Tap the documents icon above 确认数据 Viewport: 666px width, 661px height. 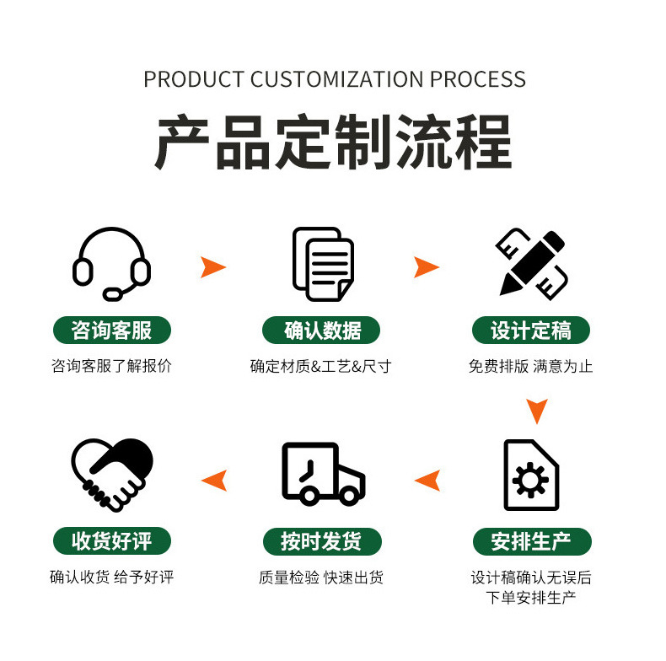coord(322,263)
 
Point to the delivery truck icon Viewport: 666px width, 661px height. coord(322,474)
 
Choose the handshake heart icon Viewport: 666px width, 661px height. coord(111,474)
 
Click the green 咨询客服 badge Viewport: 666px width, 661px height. coord(111,330)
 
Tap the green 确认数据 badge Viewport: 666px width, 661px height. coord(322,330)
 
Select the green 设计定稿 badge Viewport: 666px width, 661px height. coord(531,330)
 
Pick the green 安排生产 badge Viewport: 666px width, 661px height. coord(531,540)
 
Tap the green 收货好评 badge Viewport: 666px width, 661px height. coord(111,540)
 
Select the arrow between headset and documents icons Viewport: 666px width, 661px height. coord(213,267)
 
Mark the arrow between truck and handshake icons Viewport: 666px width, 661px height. coord(214,480)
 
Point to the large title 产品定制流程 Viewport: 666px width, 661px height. coord(334,144)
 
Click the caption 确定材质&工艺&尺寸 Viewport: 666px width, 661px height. coord(320,367)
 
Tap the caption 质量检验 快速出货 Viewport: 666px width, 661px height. coord(320,578)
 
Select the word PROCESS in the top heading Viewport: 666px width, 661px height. coord(478,80)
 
